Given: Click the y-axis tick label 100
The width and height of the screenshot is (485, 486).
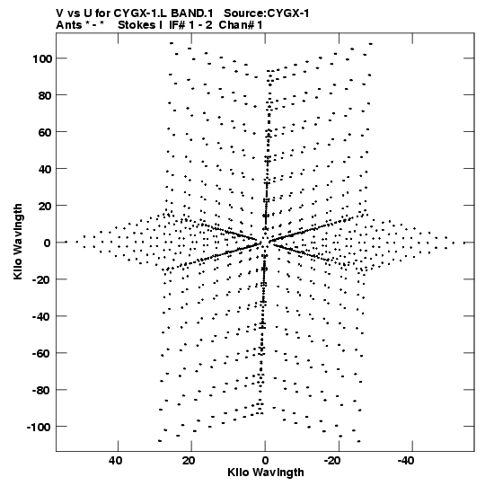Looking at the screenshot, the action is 42,58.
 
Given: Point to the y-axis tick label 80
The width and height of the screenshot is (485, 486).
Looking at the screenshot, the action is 45,95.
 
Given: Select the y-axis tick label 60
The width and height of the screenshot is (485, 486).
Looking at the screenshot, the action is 45,132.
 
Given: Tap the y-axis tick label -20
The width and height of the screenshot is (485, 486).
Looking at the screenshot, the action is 42,279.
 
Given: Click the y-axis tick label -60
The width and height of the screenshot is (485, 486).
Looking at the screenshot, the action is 42,353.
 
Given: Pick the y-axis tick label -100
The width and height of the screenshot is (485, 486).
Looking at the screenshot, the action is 39,427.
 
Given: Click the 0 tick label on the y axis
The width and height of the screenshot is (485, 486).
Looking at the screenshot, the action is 47,243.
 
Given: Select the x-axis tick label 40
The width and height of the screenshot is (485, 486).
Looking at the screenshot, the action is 115,461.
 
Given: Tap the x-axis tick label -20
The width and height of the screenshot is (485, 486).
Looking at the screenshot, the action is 332,461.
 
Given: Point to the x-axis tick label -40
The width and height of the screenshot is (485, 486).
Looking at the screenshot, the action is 406,461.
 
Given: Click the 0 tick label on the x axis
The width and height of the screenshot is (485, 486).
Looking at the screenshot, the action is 265,461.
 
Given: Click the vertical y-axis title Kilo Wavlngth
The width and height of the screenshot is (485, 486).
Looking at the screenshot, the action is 18,242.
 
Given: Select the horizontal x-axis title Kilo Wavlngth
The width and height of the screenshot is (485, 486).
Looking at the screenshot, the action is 266,473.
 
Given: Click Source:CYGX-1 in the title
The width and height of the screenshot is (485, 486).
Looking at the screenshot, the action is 267,13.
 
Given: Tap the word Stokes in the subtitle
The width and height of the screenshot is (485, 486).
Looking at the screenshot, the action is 137,25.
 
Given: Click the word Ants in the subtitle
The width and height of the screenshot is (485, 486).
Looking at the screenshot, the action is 68,25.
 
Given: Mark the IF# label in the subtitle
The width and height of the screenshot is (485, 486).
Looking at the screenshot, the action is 177,25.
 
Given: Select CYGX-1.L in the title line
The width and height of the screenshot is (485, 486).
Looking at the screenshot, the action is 141,13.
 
